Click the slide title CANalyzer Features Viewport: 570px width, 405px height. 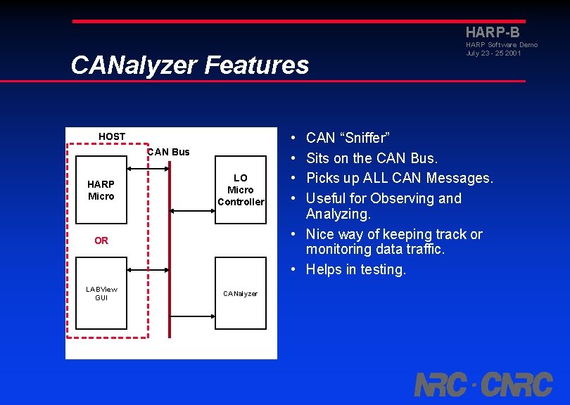coord(189,65)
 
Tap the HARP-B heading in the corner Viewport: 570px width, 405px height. coord(493,32)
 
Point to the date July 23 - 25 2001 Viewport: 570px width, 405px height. coord(493,53)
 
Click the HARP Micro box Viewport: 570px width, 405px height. coord(101,190)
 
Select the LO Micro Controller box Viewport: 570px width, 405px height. coord(240,190)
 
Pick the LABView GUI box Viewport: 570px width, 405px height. coord(101,293)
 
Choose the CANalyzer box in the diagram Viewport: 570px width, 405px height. coord(240,293)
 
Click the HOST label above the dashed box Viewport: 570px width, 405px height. coord(112,136)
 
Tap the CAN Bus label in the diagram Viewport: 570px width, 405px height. coord(168,152)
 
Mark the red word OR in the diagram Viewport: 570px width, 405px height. coord(101,240)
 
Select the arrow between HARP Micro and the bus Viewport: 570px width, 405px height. coord(147,169)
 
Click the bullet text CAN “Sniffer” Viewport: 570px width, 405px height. coord(348,138)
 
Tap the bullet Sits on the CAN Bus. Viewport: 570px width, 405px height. coord(372,158)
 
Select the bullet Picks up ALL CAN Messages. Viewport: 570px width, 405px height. coord(399,179)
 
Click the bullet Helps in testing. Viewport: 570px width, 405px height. coord(355,269)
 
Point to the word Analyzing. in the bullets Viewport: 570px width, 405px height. coord(338,214)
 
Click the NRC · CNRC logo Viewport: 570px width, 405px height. coord(483,384)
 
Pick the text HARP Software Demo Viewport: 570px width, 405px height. coord(501,45)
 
